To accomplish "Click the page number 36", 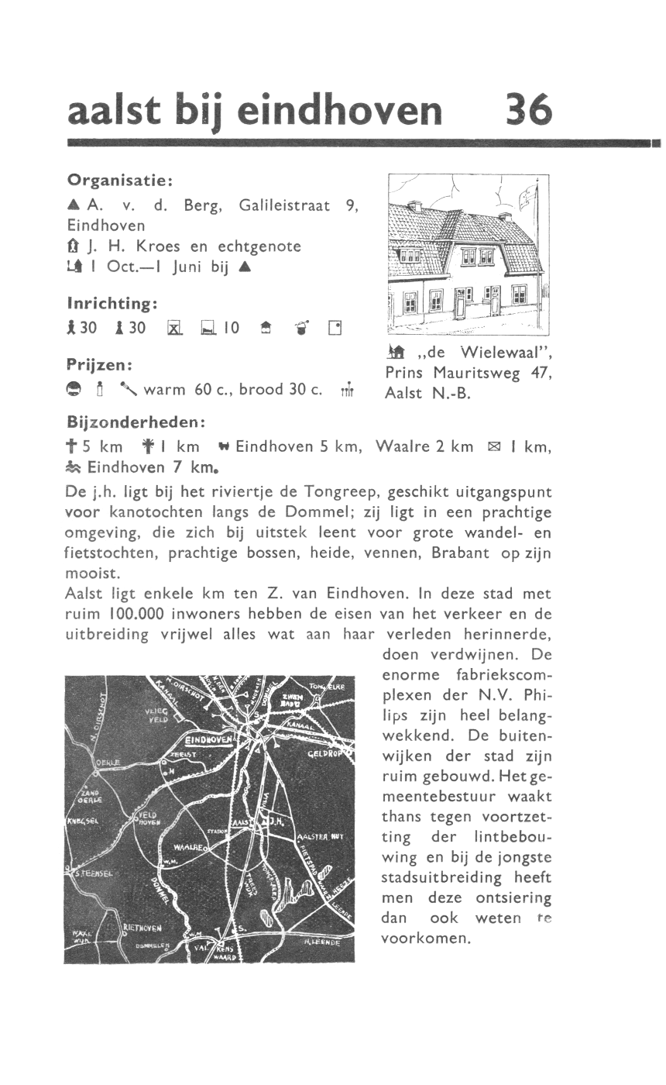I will [529, 110].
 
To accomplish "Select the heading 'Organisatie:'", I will [119, 180].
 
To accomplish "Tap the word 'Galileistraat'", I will [284, 205].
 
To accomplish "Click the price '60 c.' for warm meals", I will [210, 389].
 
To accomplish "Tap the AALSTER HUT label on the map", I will [320, 837].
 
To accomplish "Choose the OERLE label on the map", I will [105, 763].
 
